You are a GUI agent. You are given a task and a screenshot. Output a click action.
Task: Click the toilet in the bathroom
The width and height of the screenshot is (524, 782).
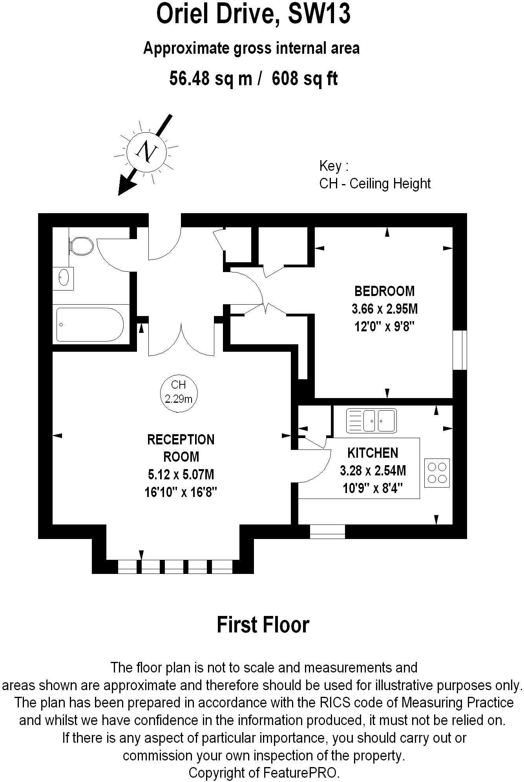pos(81,246)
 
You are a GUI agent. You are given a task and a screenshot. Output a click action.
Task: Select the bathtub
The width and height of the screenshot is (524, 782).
pos(90,325)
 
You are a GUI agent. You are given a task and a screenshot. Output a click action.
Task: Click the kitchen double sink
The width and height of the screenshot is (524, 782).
pos(371,420)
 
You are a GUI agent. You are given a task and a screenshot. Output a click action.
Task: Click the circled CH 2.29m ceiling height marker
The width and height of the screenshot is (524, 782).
pos(179,393)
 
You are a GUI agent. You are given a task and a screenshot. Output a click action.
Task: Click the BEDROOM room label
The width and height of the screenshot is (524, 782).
pos(384,291)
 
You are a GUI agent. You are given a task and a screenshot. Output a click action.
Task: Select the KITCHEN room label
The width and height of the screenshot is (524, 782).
pos(372,453)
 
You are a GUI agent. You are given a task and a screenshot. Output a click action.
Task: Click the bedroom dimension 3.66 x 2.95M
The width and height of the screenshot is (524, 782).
pos(384,309)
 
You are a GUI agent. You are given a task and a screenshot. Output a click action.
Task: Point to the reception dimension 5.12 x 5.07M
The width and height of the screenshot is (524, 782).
pos(181,474)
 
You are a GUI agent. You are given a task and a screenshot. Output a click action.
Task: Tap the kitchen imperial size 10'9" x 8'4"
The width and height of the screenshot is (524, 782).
pos(372,488)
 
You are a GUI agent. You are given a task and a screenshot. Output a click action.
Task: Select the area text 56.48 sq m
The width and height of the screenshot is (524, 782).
pos(211,79)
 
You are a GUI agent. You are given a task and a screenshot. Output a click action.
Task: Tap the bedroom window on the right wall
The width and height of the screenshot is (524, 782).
pos(460,350)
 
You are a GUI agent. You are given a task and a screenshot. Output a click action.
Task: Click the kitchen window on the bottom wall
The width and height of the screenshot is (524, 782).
pos(327,531)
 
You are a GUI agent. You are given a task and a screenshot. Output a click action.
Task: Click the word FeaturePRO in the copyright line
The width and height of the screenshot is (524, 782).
pos(300,773)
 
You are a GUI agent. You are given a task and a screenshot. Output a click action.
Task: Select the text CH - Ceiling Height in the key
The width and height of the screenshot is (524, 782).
pos(375,183)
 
